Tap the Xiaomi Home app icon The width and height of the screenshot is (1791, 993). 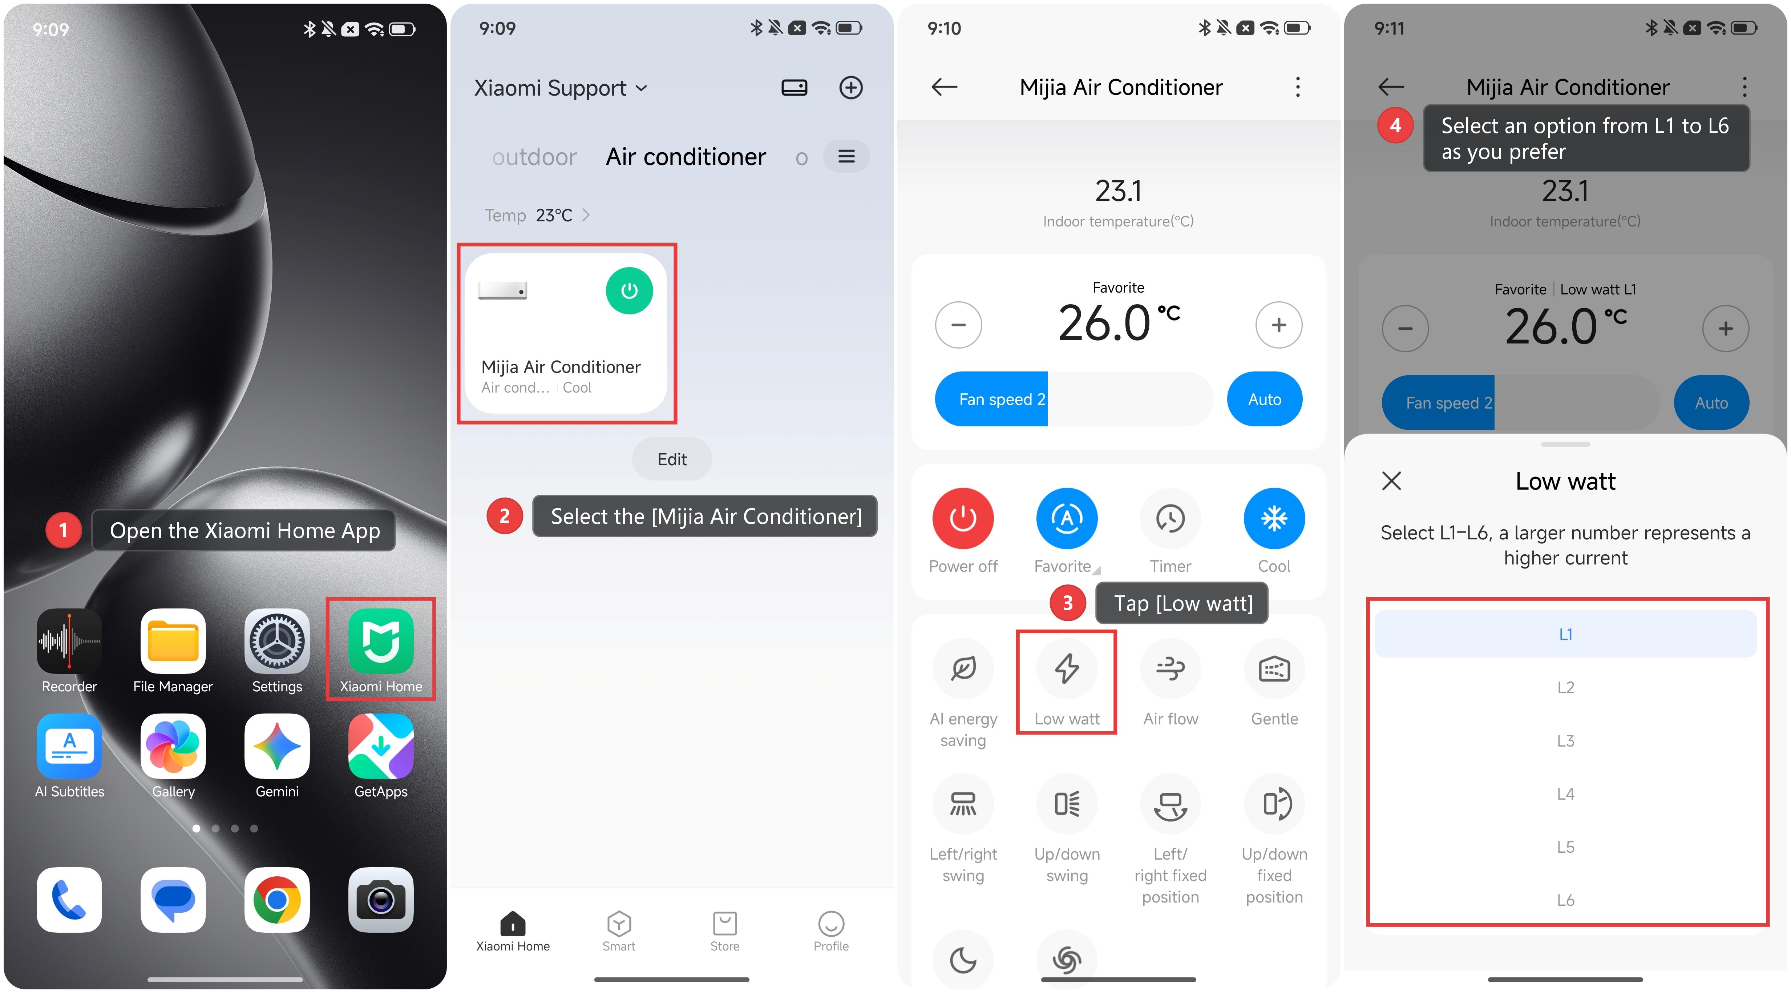pyautogui.click(x=381, y=641)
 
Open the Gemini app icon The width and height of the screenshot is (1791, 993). pyautogui.click(x=277, y=746)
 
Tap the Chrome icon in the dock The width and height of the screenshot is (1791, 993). pyautogui.click(x=277, y=900)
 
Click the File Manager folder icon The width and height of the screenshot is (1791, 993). pyautogui.click(x=173, y=641)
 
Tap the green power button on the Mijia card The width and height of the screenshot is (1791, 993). pyautogui.click(x=629, y=291)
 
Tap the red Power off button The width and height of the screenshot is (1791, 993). pyautogui.click(x=963, y=518)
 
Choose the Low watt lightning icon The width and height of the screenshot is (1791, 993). pyautogui.click(x=1067, y=668)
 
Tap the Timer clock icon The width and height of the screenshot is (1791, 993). pyautogui.click(x=1170, y=518)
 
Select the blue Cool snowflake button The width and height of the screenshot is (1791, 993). pyautogui.click(x=1274, y=518)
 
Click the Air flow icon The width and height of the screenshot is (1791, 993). pyautogui.click(x=1170, y=668)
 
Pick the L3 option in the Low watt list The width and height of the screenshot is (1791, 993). pyautogui.click(x=1565, y=741)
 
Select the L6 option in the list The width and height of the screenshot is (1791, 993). pyautogui.click(x=1565, y=900)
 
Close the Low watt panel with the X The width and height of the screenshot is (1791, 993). pyautogui.click(x=1391, y=481)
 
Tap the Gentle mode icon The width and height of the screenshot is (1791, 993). pyautogui.click(x=1274, y=668)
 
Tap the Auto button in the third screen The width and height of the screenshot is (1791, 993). pyautogui.click(x=1264, y=399)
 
